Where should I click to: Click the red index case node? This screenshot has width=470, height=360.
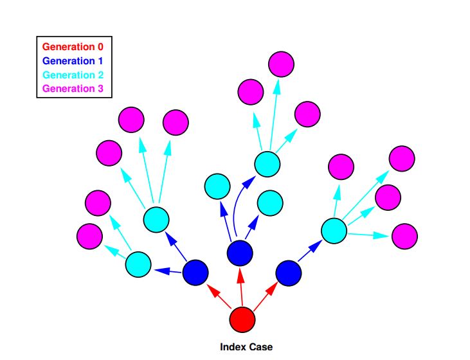tap(242, 319)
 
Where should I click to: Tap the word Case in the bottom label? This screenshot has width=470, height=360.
tap(260, 347)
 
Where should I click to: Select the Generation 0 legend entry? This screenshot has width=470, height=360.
tap(73, 47)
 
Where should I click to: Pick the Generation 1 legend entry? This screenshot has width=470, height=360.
tap(73, 61)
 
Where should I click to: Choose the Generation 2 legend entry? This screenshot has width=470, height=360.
tap(73, 75)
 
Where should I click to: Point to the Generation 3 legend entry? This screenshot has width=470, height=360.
tap(73, 89)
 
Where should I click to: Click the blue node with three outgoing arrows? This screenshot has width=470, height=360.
tap(240, 253)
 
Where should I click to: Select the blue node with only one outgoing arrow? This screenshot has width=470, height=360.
tap(288, 273)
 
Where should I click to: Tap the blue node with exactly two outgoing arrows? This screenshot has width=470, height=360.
tap(195, 273)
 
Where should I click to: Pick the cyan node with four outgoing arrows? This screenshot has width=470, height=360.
tap(334, 231)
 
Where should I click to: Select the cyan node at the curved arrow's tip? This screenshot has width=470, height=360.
tap(267, 164)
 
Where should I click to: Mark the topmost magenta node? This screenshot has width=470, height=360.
tap(281, 64)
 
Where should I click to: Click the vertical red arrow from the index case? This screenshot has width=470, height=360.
tap(241, 287)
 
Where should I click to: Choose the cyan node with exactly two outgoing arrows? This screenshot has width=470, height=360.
tap(138, 264)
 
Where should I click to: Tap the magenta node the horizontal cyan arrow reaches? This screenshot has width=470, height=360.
tap(404, 236)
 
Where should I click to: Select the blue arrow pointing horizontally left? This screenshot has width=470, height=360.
tap(168, 271)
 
